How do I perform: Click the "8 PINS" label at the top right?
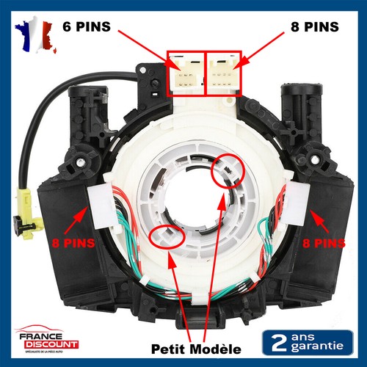pyautogui.click(x=311, y=27)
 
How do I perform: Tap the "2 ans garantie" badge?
pyautogui.click(x=307, y=341)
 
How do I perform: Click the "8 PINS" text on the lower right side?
pyautogui.click(x=324, y=240)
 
